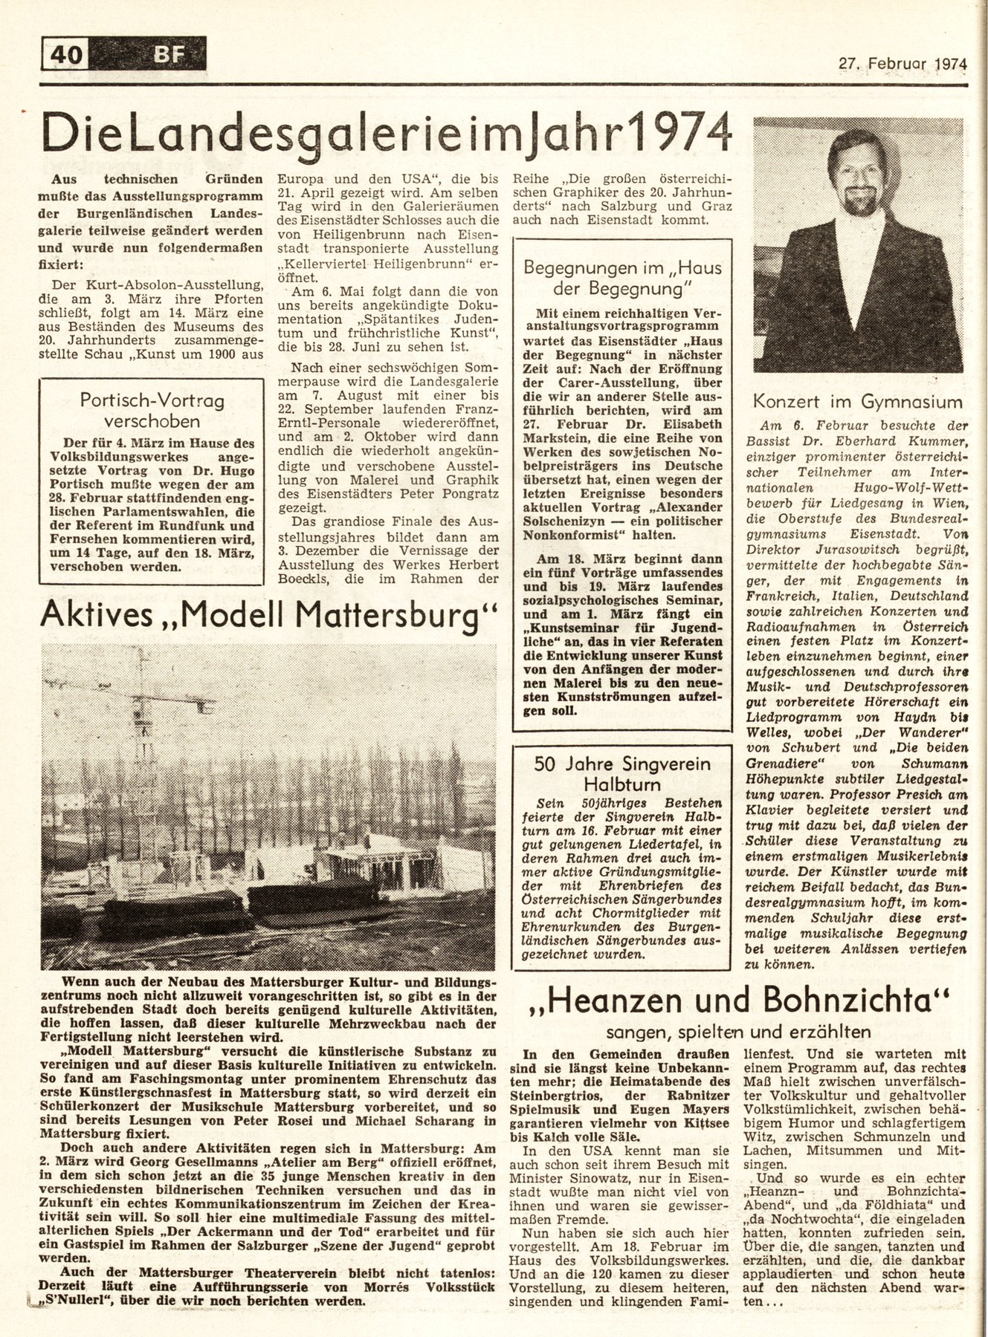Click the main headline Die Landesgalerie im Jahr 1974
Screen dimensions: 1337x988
point(386,136)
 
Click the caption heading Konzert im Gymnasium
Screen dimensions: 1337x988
point(857,402)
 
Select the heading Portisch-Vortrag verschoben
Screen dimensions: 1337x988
point(152,410)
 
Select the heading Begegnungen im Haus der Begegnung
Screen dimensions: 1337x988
point(623,277)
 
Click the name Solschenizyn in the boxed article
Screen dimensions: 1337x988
point(580,521)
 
